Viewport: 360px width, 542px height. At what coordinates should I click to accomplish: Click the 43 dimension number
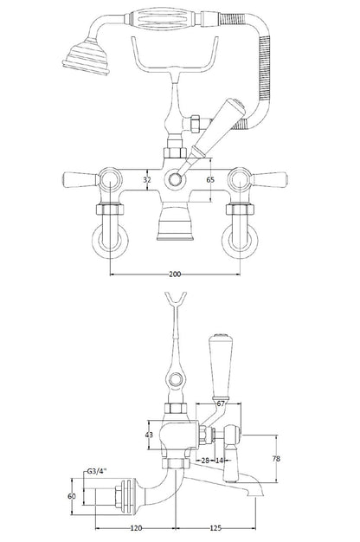(149, 435)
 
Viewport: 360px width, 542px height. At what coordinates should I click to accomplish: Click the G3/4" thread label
(96, 472)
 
